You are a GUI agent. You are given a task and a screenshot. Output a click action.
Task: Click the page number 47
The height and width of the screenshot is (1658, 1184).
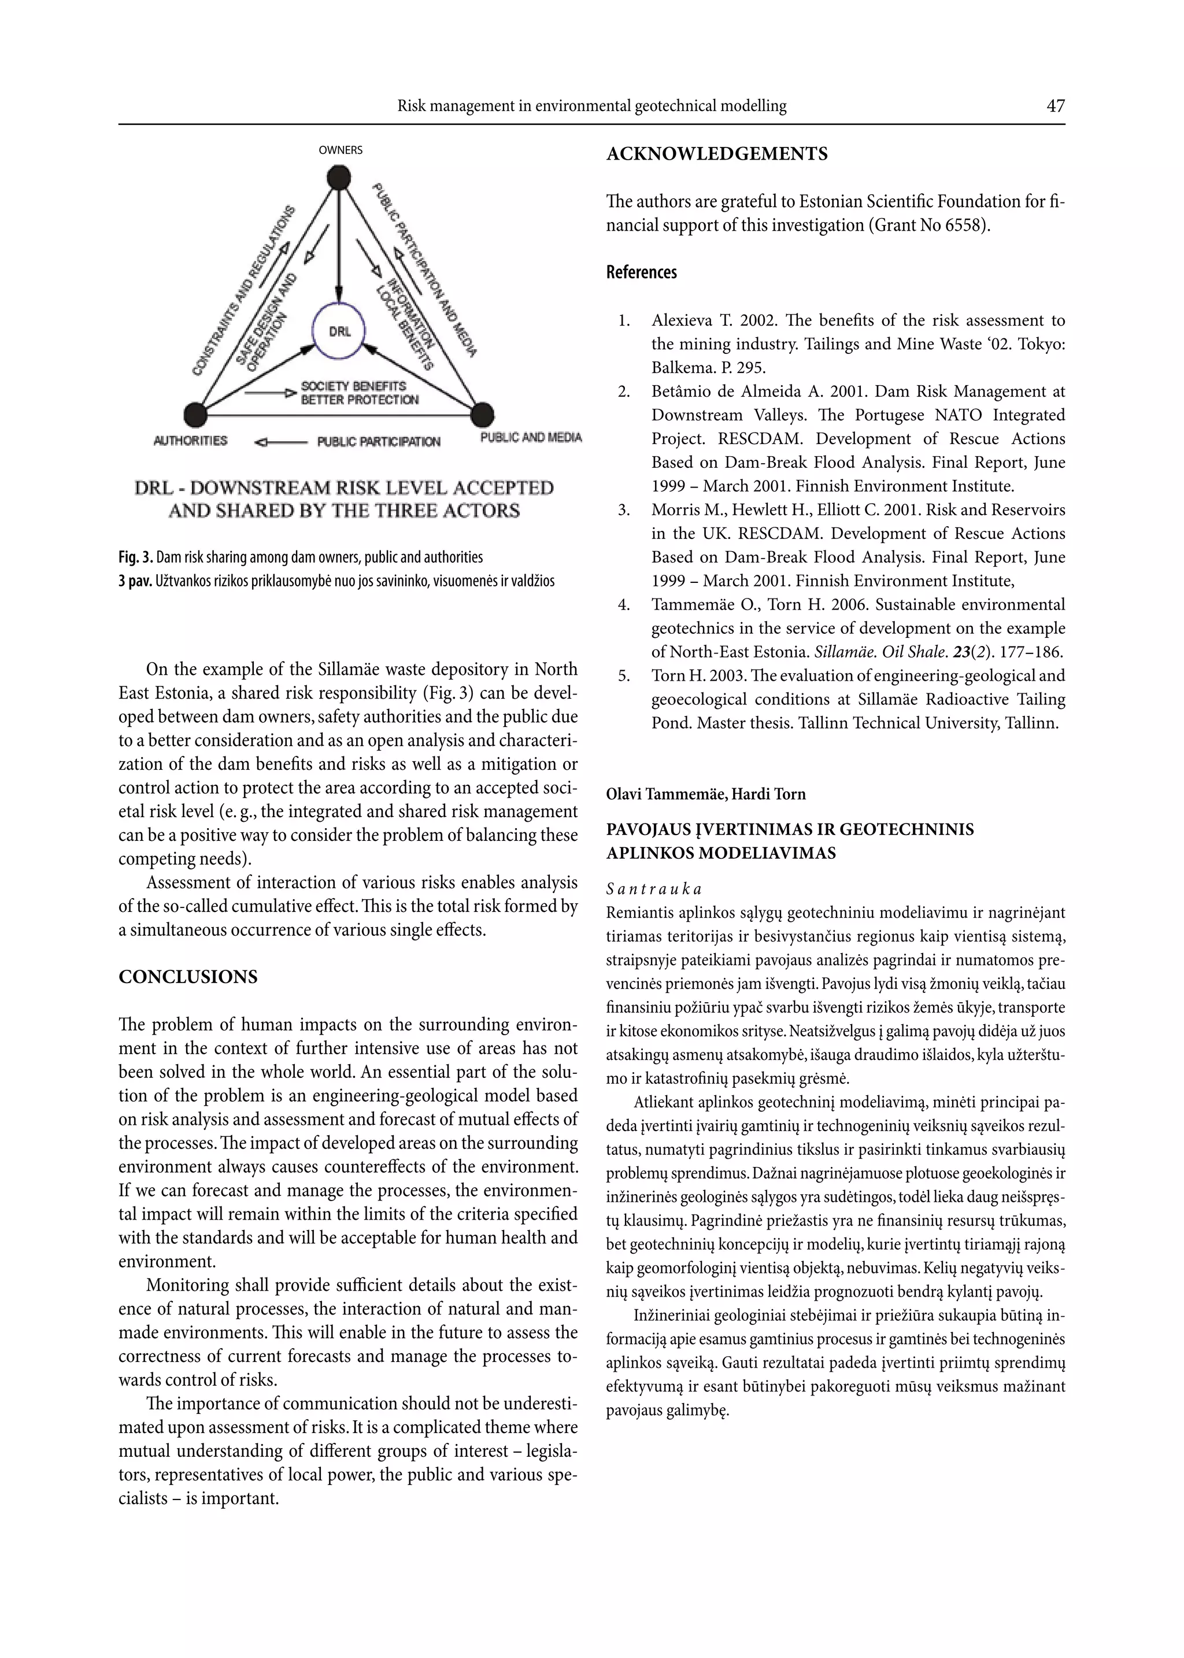click(x=1055, y=106)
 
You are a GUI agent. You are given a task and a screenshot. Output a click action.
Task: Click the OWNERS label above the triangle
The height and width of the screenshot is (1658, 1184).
click(x=341, y=150)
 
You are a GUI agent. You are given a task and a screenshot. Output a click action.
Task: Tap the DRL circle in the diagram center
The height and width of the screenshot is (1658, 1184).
click(x=340, y=331)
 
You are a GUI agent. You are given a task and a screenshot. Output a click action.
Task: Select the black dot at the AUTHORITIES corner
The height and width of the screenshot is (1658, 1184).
click(x=195, y=414)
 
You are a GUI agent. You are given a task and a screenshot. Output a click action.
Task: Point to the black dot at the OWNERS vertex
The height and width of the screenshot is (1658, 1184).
click(x=339, y=177)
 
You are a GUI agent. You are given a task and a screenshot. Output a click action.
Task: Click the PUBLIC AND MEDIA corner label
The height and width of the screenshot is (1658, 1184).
click(x=531, y=437)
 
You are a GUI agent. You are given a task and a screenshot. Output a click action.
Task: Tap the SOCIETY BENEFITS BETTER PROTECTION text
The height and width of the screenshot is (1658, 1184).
click(x=360, y=392)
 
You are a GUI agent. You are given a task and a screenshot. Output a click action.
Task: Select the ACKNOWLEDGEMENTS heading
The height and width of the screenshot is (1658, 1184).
click(x=717, y=154)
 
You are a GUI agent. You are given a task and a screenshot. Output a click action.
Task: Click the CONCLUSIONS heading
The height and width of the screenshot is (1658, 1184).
click(x=188, y=977)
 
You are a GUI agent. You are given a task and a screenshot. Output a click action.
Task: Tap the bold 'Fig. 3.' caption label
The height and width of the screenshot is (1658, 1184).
click(x=136, y=557)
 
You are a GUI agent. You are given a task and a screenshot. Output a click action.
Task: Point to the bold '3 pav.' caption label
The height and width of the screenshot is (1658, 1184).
click(x=136, y=581)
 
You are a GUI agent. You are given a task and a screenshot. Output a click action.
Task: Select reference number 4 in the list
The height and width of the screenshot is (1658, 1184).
click(x=623, y=604)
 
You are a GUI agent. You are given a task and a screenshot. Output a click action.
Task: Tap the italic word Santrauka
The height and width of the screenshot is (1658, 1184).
click(x=653, y=889)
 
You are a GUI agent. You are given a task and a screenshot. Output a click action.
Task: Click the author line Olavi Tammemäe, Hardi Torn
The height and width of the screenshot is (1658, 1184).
click(x=706, y=794)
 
